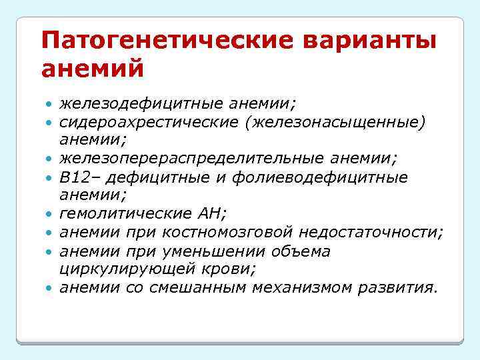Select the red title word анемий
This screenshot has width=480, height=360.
[x=91, y=68]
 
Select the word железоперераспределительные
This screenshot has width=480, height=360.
[x=192, y=159]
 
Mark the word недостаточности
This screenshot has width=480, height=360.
[x=370, y=233]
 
